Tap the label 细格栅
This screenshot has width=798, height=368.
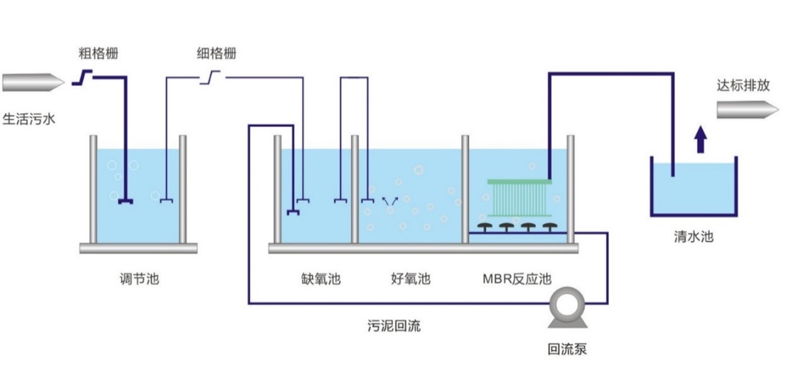pos(216,53)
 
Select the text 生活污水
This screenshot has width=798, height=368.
pos(29,119)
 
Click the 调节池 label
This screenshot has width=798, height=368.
pos(139,279)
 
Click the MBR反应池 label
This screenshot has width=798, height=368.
pos(517,279)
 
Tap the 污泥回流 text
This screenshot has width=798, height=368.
pos(394,326)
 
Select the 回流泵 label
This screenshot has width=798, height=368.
pos(567,349)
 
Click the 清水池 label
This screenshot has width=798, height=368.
pos(694,237)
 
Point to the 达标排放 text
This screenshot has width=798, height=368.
pos(743,86)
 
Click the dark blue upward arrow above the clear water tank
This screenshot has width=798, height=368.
pos(701,139)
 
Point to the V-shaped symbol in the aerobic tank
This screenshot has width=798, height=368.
pos(388,202)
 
